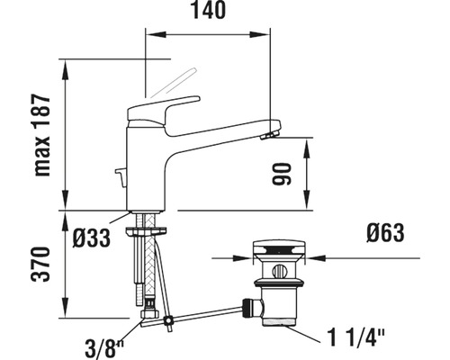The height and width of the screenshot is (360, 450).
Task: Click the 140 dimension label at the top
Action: (209, 10)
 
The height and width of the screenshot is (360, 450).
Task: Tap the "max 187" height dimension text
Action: (42, 135)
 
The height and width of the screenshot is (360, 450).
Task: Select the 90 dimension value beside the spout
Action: (282, 174)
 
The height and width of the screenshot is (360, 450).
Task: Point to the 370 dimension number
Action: (40, 264)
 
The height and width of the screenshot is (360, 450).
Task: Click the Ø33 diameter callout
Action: (92, 238)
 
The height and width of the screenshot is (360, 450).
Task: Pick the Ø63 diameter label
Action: (385, 233)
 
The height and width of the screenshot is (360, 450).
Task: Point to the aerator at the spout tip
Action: (269, 135)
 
